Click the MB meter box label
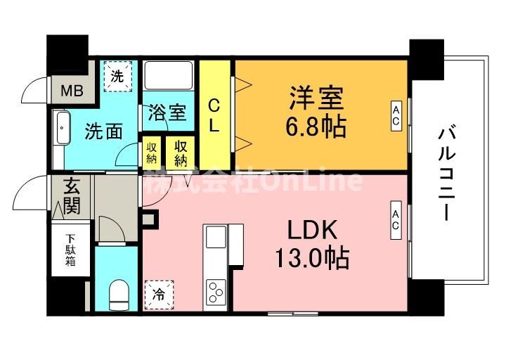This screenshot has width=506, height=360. (72, 91)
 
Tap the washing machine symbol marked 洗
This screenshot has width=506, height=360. (118, 76)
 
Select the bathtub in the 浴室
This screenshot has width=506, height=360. (169, 76)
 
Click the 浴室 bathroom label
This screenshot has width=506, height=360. (167, 112)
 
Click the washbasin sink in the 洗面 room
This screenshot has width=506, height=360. (63, 128)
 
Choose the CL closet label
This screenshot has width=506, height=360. (214, 115)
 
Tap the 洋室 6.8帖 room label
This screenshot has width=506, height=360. (316, 112)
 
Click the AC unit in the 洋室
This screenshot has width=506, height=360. (396, 116)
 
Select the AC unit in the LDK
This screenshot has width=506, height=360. (396, 220)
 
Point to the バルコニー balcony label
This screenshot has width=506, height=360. (447, 174)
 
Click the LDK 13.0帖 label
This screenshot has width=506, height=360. (312, 244)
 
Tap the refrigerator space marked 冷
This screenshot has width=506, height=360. (159, 295)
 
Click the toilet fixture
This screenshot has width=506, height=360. (119, 295)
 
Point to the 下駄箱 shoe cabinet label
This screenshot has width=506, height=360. (70, 250)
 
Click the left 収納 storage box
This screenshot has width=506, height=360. (151, 153)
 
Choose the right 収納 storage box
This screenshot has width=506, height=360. (181, 153)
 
